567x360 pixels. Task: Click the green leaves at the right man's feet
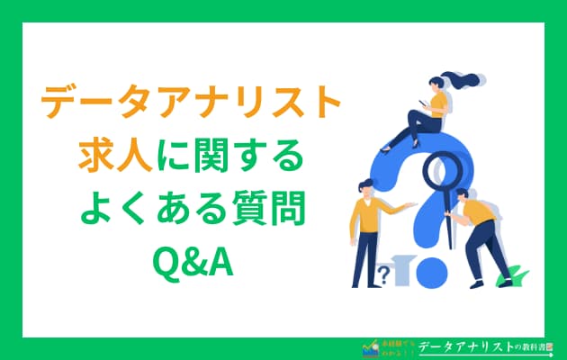pyautogui.click(x=514, y=274)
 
